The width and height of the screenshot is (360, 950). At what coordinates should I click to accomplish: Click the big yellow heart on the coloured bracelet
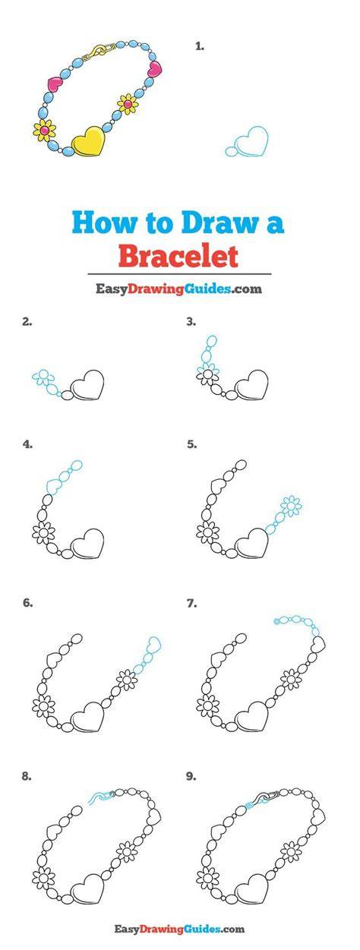(89, 140)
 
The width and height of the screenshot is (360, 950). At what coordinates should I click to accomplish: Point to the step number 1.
(199, 46)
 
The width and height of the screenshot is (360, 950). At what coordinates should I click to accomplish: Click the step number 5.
(191, 444)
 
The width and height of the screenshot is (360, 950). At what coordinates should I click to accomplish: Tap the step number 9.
(191, 776)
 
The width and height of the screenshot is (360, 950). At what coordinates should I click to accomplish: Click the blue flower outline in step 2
(43, 376)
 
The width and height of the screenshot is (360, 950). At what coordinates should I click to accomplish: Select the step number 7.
(191, 603)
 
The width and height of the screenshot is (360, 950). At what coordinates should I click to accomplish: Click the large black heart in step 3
(252, 385)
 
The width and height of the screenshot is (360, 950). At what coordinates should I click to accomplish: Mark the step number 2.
(27, 321)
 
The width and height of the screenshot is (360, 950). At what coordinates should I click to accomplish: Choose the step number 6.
(27, 603)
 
